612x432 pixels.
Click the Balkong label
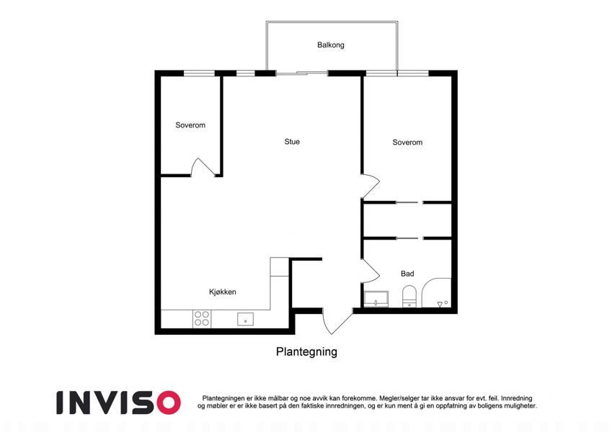pos(331,45)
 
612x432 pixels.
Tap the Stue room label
pos(292,142)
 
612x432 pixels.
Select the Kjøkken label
pos(223,292)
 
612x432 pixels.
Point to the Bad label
pos(407,274)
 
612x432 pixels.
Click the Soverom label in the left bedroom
pos(190,125)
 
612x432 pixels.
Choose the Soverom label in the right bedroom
pos(407,143)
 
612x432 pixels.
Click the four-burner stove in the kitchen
pos(202,318)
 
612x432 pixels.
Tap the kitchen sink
pos(245,320)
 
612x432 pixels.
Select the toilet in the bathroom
pos(409,297)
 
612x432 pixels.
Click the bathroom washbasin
pos(376,299)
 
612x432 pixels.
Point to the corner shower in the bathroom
pos(436,293)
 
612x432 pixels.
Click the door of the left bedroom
pos(203,167)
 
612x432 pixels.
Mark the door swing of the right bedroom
pos(371,186)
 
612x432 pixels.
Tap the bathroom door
pos(371,271)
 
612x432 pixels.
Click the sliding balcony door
pos(302,73)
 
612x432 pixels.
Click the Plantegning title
pos(306,351)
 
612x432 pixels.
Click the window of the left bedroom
pos(199,73)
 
